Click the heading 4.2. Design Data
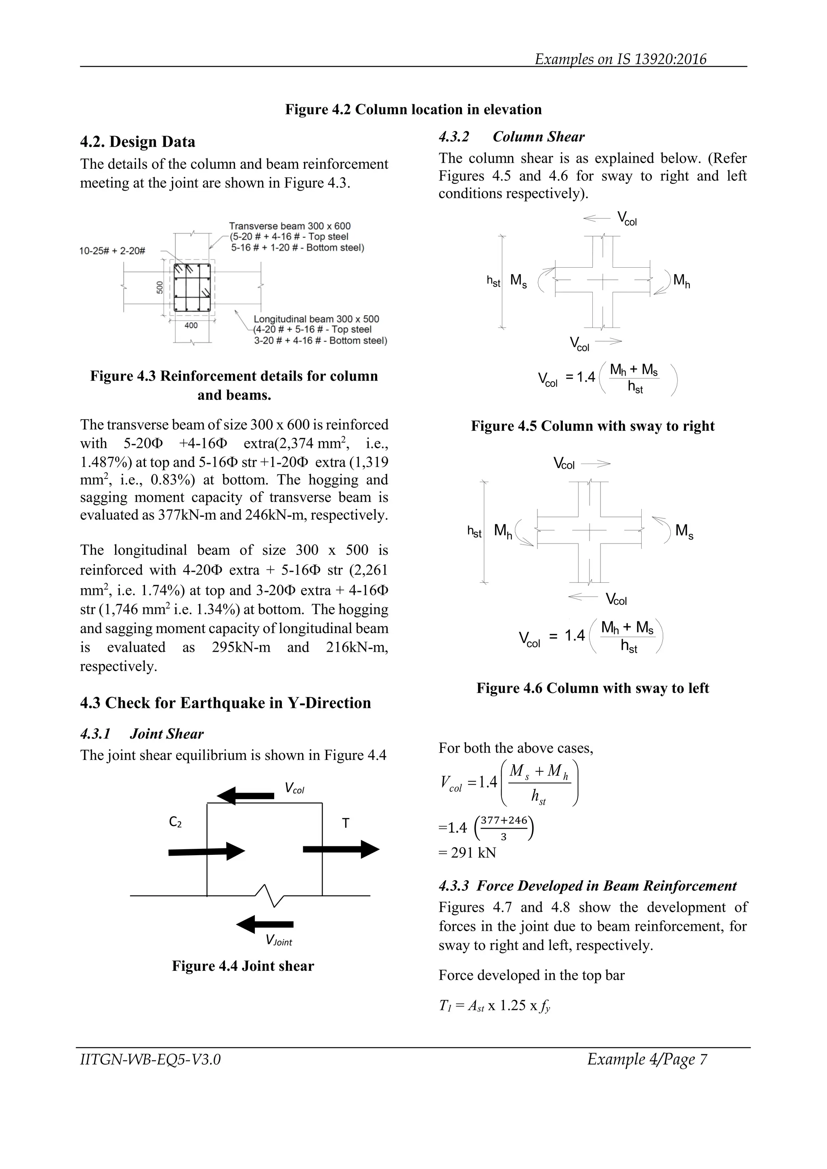[x=137, y=142]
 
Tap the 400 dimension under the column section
[x=191, y=326]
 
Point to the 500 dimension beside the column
[x=160, y=287]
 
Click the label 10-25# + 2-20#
[x=112, y=251]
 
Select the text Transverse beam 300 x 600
[x=289, y=226]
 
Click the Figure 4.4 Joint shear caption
[x=243, y=966]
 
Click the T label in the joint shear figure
[x=345, y=823]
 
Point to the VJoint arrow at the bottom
[x=265, y=924]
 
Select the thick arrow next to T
[x=341, y=849]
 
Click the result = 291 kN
[x=467, y=852]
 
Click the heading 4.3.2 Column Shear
[x=511, y=136]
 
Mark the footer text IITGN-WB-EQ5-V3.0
[x=150, y=1060]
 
